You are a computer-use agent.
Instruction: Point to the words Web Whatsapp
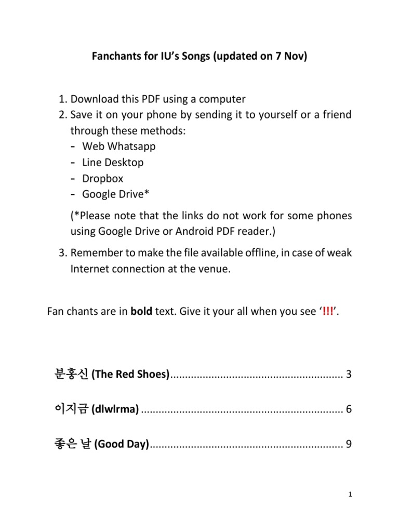coord(119,146)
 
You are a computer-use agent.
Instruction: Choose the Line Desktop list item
coord(113,162)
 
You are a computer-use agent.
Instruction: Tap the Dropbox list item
coord(103,178)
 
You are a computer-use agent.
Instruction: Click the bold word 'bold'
coord(140,312)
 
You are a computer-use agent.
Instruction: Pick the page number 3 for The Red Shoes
coord(349,375)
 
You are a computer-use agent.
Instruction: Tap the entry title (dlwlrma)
coord(115,409)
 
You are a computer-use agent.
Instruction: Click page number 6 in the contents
coord(349,409)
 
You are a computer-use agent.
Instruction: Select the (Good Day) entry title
coord(122,444)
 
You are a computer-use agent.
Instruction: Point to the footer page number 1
coord(351,495)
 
